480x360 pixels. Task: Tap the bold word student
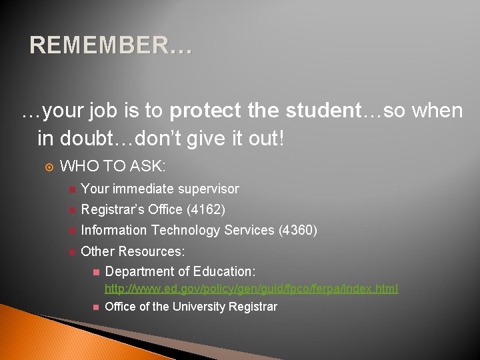pos(317,111)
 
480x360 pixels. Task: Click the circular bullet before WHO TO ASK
pos(46,167)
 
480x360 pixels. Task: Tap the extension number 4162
pos(206,209)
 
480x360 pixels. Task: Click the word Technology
pos(185,230)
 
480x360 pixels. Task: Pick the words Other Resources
pos(133,251)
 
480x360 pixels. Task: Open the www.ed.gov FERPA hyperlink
pos(251,289)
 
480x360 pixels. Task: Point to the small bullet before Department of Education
pos(95,272)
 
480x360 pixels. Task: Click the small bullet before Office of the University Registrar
pos(95,307)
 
